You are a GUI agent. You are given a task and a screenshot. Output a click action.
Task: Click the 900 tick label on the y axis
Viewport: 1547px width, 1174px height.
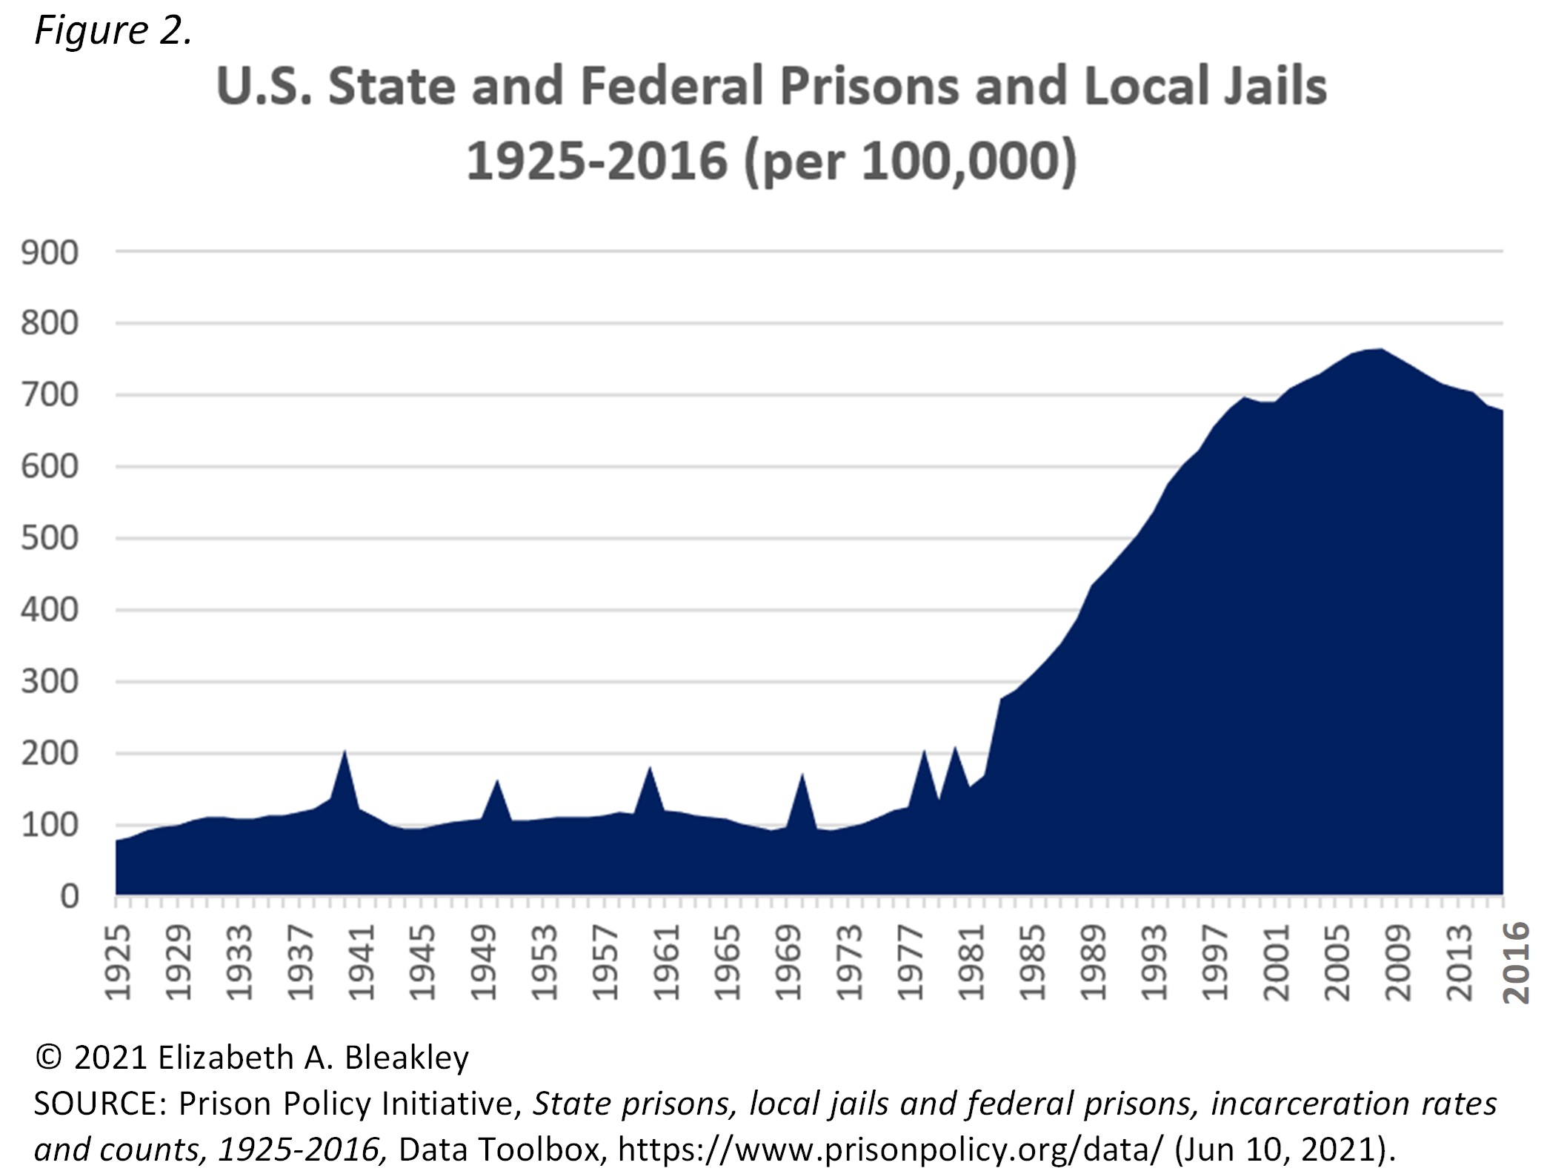click(x=50, y=253)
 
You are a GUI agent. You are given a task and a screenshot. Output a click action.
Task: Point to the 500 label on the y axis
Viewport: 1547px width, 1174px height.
click(x=50, y=539)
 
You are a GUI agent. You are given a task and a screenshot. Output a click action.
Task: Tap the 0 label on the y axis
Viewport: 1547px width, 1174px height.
click(x=69, y=897)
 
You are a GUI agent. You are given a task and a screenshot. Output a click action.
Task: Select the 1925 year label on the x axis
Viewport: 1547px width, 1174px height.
click(x=118, y=962)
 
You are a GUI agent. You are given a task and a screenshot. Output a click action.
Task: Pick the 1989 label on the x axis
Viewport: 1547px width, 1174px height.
click(x=1094, y=962)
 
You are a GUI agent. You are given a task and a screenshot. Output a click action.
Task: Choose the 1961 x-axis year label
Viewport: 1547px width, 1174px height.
click(x=667, y=962)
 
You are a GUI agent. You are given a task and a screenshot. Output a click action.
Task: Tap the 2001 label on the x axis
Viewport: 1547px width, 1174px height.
click(x=1277, y=962)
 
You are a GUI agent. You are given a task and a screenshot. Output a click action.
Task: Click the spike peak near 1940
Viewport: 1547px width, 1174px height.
click(x=344, y=752)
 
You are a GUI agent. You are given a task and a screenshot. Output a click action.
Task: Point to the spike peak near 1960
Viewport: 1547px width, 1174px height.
click(x=650, y=767)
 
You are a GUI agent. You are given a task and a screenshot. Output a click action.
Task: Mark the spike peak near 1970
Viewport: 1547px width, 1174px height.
click(x=802, y=774)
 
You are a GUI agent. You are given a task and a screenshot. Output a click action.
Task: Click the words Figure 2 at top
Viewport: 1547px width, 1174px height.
click(x=113, y=31)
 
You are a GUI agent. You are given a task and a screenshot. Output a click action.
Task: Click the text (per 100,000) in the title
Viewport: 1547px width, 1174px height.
click(x=910, y=162)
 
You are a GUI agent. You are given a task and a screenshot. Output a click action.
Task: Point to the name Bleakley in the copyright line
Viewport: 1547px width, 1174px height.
click(x=407, y=1058)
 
